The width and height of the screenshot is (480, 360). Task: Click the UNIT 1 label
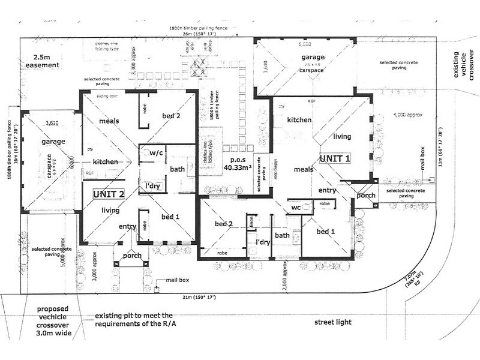(x=335, y=158)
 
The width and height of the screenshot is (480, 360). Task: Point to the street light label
(x=332, y=322)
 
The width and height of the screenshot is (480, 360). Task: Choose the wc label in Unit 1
(x=296, y=208)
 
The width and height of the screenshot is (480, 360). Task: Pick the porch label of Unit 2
(x=132, y=255)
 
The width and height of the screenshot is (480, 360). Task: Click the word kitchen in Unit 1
(x=299, y=120)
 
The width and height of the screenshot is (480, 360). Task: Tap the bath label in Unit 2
(x=177, y=170)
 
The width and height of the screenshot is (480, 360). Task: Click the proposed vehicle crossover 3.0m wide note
(x=50, y=323)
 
